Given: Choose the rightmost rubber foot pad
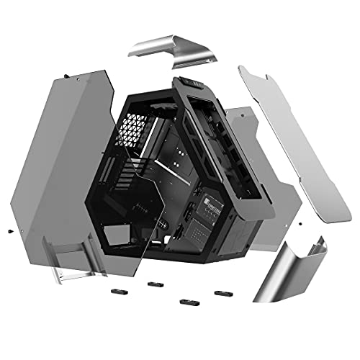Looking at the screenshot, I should pos(221,293).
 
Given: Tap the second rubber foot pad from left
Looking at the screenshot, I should pos(153,284).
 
